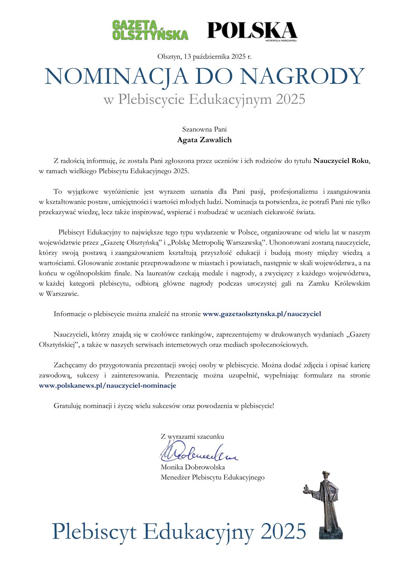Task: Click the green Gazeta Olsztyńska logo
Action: (x=150, y=30)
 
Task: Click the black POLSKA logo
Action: (x=252, y=31)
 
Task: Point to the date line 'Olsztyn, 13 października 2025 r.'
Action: (x=204, y=57)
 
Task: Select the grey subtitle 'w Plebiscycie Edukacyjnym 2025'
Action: (x=204, y=99)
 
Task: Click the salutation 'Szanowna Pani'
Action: (x=204, y=130)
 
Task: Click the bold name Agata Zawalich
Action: (x=204, y=140)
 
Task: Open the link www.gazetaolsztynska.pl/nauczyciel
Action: (x=262, y=314)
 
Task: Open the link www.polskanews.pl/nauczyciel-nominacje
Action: (x=108, y=386)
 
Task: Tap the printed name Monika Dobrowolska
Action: (x=192, y=467)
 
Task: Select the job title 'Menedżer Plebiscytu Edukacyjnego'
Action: (x=212, y=477)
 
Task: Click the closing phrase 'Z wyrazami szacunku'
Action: (x=192, y=437)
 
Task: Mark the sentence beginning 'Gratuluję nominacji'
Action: (x=164, y=406)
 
